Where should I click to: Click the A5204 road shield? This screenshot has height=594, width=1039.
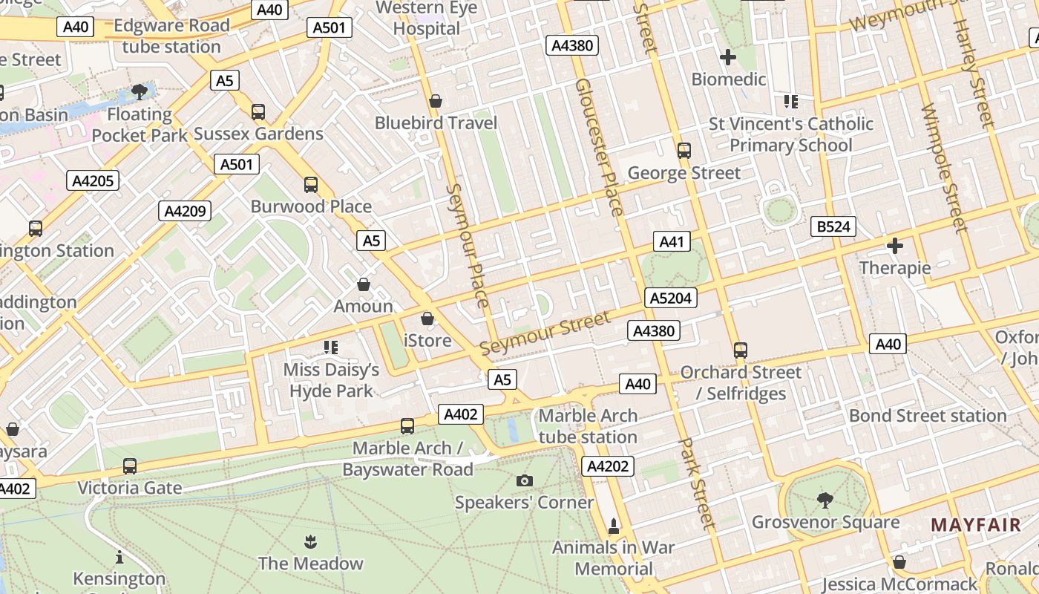click(x=670, y=298)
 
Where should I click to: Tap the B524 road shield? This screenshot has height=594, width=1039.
click(x=833, y=226)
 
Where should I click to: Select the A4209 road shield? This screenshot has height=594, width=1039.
click(x=185, y=211)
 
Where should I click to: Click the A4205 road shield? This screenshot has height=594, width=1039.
click(x=93, y=180)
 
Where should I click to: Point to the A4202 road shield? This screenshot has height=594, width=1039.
click(x=607, y=466)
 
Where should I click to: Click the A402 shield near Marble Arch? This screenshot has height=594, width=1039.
click(x=460, y=414)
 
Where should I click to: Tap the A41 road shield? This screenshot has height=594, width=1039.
click(x=672, y=241)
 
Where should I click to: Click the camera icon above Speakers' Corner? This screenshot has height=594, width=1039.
click(x=525, y=481)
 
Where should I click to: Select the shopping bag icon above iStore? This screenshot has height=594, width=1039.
click(x=427, y=319)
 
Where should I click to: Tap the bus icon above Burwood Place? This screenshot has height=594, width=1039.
click(x=311, y=184)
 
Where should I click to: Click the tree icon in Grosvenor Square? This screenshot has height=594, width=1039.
click(x=825, y=500)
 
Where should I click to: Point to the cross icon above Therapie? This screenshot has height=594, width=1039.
click(x=895, y=246)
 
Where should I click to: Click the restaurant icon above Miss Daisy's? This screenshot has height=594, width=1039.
click(x=331, y=347)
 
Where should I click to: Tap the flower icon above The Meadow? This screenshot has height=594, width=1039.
click(x=310, y=541)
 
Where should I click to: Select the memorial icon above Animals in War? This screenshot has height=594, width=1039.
click(x=614, y=526)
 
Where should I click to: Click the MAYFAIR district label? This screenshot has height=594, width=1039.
click(x=976, y=525)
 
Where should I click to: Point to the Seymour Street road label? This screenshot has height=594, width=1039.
click(x=545, y=333)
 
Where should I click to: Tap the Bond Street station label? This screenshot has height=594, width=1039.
click(x=928, y=416)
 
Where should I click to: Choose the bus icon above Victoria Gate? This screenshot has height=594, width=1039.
click(x=130, y=466)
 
